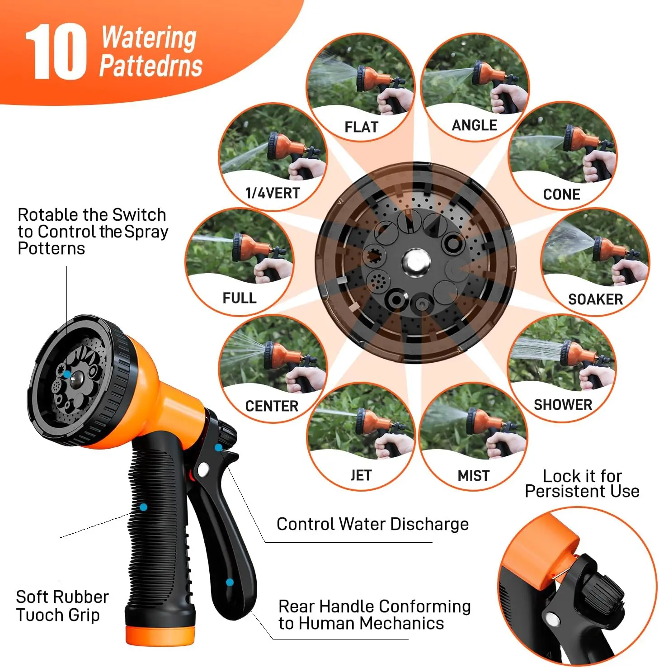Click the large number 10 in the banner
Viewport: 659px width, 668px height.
coord(55,52)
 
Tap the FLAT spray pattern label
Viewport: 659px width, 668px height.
coord(361,127)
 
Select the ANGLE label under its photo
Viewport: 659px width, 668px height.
coord(474,125)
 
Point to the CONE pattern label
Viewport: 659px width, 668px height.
coord(561,194)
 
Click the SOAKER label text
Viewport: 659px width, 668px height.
coord(595,299)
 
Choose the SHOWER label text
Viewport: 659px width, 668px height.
coord(563,404)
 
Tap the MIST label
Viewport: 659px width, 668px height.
coord(473,476)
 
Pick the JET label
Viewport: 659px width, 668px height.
coord(360,475)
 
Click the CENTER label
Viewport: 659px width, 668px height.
coord(272,406)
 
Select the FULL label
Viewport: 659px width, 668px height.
coord(239,298)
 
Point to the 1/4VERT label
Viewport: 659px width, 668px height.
coord(273,193)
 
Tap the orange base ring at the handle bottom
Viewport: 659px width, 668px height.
coord(160,635)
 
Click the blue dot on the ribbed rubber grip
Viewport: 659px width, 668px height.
coord(143,507)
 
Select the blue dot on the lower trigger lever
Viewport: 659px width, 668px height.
coord(230,582)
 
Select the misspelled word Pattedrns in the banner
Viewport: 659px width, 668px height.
coord(151,66)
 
